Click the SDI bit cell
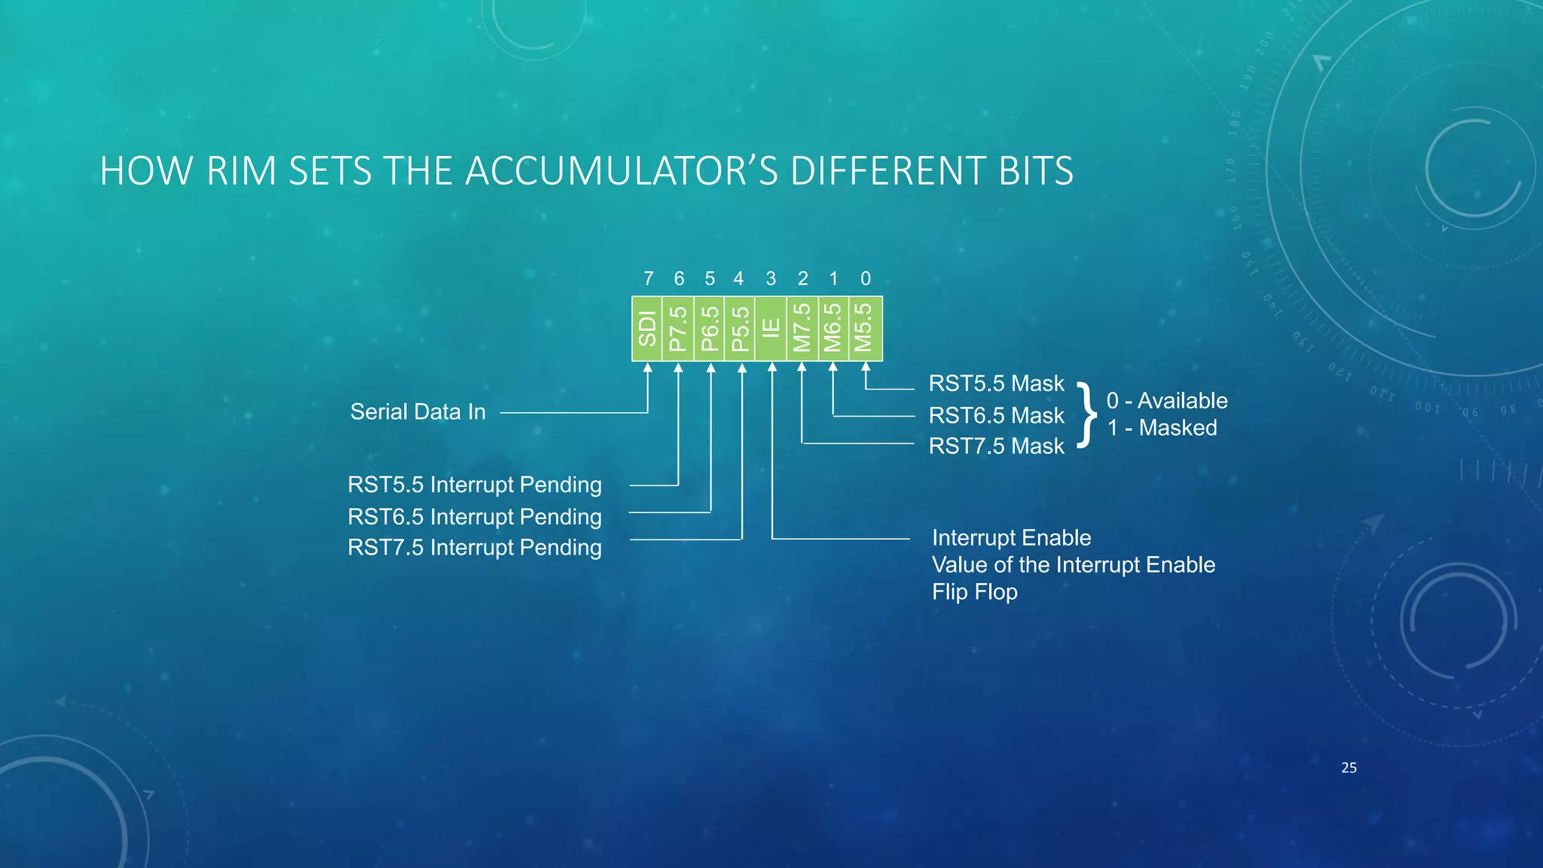pyautogui.click(x=647, y=329)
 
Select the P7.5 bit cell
pyautogui.click(x=678, y=329)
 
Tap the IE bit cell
pyautogui.click(x=771, y=329)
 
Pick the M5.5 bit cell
pyautogui.click(x=865, y=329)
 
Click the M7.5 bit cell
pyautogui.click(x=802, y=329)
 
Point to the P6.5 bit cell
pyautogui.click(x=709, y=329)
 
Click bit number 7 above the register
pyautogui.click(x=648, y=279)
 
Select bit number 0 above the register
pyautogui.click(x=865, y=279)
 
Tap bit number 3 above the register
pyautogui.click(x=771, y=279)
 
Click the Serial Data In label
pyautogui.click(x=418, y=412)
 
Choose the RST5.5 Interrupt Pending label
pyautogui.click(x=475, y=484)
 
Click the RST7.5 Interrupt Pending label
pyautogui.click(x=475, y=548)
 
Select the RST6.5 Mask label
pyautogui.click(x=996, y=415)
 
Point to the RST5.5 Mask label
pyautogui.click(x=996, y=384)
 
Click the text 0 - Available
pyautogui.click(x=1167, y=401)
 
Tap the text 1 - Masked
pyautogui.click(x=1162, y=428)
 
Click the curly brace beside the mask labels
pyautogui.click(x=1086, y=414)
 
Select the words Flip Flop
pyautogui.click(x=974, y=592)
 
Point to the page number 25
pyautogui.click(x=1349, y=768)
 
